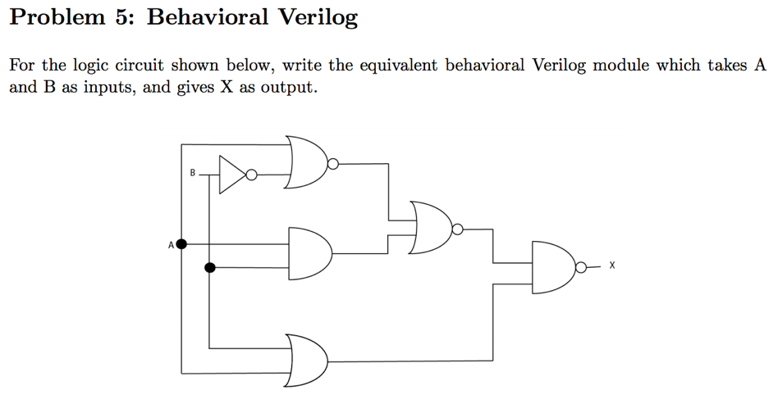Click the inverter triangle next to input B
(x=231, y=175)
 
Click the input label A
(x=171, y=244)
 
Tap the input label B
(x=192, y=173)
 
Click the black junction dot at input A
(x=181, y=244)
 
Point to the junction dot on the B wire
(x=210, y=267)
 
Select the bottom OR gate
(x=308, y=354)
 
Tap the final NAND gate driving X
(x=554, y=266)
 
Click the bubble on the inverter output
(x=252, y=175)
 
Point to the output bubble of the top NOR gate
(x=333, y=164)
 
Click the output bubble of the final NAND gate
(x=581, y=266)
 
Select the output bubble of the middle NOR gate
(x=457, y=230)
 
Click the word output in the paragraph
(x=286, y=88)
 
